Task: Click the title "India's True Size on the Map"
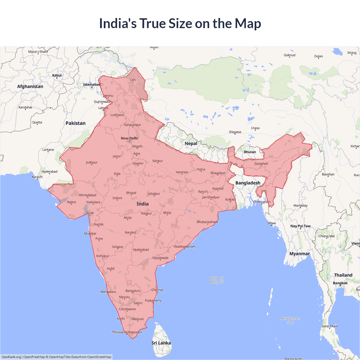pos(180,23)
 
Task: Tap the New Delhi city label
pos(129,138)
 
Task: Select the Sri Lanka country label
pos(161,343)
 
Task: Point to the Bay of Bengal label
pos(216,280)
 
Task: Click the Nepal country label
pos(191,143)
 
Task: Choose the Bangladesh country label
pos(248,183)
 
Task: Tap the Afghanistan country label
pos(30,86)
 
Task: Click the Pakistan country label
pos(75,123)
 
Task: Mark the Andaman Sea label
pos(291,320)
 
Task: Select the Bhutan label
pos(250,152)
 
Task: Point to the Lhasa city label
pos(255,128)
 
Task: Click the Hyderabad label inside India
pos(141,250)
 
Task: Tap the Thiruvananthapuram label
pos(127,332)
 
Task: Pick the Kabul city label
pos(57,75)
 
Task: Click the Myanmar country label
pos(300,254)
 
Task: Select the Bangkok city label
pos(340,283)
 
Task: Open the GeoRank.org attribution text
pos(11,357)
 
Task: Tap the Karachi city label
pos(37,177)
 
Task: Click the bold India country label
pos(143,204)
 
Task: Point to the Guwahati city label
pos(261,164)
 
